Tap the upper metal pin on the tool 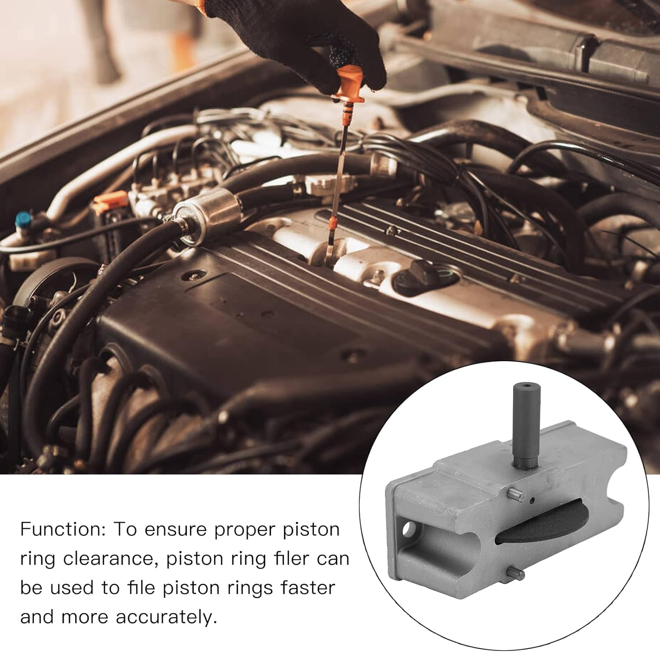516,494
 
